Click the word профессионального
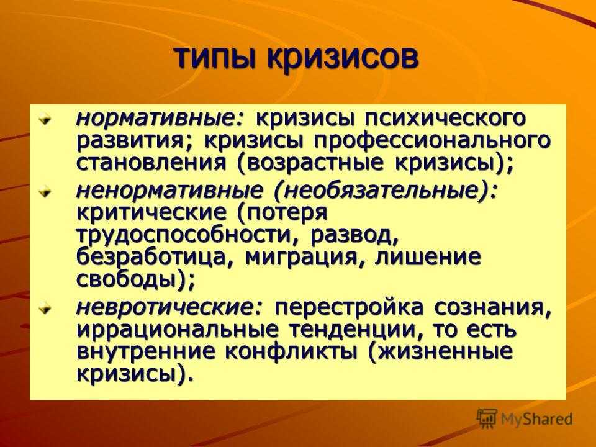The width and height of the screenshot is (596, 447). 432,141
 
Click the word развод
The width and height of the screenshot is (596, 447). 354,235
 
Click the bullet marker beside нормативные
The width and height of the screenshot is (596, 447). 45,120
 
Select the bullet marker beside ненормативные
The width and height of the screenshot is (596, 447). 45,192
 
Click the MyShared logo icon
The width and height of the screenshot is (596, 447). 487,419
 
